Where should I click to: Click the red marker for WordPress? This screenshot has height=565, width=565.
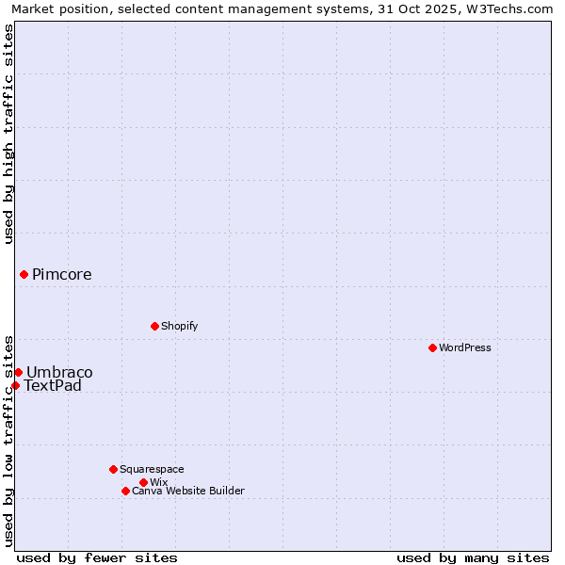tap(432, 347)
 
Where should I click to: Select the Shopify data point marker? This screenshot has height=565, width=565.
tap(154, 326)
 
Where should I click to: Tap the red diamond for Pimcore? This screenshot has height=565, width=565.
tap(24, 274)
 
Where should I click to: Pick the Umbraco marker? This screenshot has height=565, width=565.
tap(18, 372)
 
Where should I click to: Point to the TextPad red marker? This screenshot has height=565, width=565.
tap(15, 385)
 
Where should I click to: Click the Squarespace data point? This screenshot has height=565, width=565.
tap(113, 469)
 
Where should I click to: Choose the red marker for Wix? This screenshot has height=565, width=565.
tap(143, 482)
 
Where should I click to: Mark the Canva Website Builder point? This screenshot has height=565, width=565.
tap(125, 491)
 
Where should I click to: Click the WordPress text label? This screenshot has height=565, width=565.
tap(465, 347)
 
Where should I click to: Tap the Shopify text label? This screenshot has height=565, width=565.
tap(179, 326)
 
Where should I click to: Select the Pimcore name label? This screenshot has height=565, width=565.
tap(62, 275)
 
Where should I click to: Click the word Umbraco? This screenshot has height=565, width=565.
tap(59, 373)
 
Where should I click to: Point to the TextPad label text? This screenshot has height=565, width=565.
tap(53, 386)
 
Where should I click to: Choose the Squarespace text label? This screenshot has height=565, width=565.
tap(152, 469)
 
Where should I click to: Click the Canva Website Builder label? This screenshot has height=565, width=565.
tap(188, 491)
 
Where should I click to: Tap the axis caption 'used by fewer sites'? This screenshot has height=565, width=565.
tap(97, 557)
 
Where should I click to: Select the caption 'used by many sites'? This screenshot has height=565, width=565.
tap(473, 557)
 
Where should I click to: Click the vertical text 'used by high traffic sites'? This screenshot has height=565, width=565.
tap(8, 134)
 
